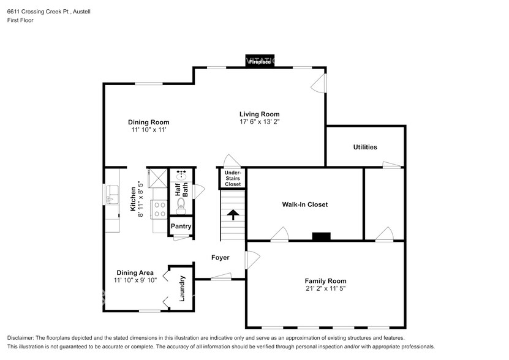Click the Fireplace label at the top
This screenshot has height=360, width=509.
[260, 62]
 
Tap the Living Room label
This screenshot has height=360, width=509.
[259, 114]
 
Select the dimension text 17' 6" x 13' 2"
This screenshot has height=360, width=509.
[259, 122]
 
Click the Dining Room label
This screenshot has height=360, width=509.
[148, 122]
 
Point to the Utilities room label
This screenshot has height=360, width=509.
[365, 147]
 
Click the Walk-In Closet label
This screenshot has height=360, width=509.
[304, 204]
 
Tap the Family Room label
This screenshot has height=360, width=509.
[325, 281]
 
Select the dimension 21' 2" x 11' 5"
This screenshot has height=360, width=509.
[325, 288]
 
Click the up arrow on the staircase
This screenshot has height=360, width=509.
[233, 215]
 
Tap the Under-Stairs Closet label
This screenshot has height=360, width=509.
[233, 179]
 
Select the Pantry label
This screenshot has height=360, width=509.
[181, 227]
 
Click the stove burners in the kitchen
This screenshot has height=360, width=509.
[159, 209]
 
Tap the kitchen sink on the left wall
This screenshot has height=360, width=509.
[113, 197]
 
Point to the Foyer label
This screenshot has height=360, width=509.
[221, 258]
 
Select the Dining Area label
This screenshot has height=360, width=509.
[135, 273]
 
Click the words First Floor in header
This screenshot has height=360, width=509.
[20, 20]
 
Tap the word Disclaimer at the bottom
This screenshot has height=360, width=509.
[22, 338]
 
